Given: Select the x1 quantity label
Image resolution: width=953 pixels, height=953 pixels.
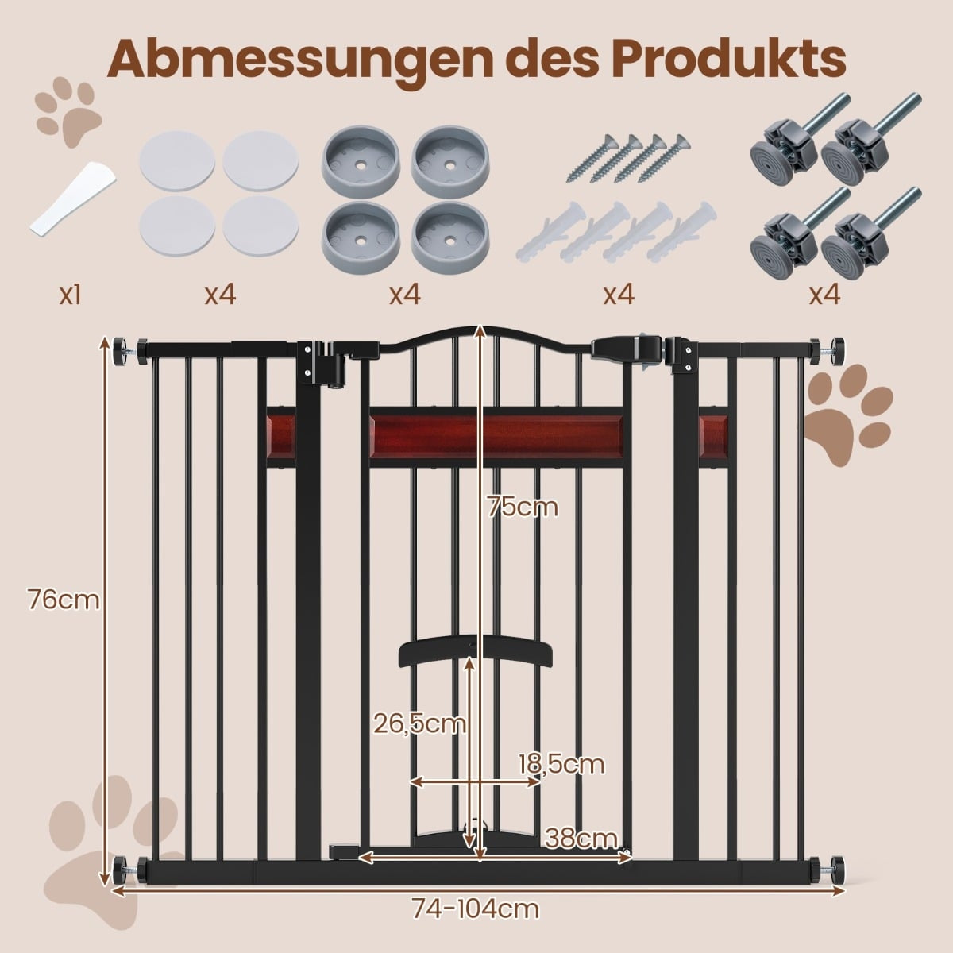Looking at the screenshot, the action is click(70, 295).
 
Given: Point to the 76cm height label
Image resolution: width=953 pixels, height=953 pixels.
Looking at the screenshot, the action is click(64, 600).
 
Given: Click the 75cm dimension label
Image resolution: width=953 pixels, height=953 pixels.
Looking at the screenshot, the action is click(523, 507).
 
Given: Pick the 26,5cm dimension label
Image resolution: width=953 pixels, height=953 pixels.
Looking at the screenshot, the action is click(419, 724).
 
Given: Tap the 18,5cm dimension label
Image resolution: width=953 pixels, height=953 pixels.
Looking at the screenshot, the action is click(561, 764).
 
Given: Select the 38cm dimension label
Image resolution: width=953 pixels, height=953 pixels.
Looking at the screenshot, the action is click(581, 838).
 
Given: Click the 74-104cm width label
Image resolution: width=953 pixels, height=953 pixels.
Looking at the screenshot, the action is click(475, 909).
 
